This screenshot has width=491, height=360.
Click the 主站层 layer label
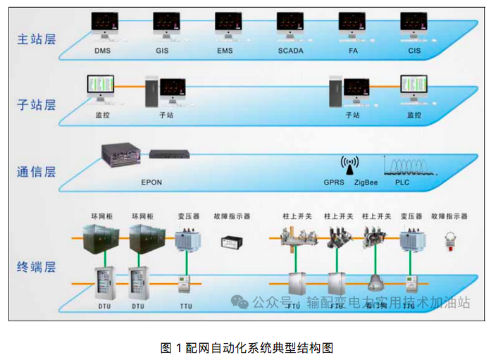pyautogui.click(x=36, y=39)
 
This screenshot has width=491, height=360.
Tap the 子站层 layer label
pyautogui.click(x=36, y=106)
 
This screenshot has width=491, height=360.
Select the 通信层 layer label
pyautogui.click(x=36, y=171)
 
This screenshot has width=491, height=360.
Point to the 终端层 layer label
pyautogui.click(x=36, y=267)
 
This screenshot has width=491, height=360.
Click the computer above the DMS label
pyautogui.click(x=103, y=25)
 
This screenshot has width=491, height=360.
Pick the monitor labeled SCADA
pyautogui.click(x=290, y=25)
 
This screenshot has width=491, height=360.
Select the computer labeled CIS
pyautogui.click(x=414, y=25)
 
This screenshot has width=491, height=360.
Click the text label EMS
pyautogui.click(x=225, y=51)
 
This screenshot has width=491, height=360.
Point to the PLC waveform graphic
pyautogui.click(x=409, y=166)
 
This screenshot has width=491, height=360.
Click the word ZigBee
pyautogui.click(x=367, y=182)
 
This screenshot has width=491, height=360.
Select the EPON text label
pyautogui.click(x=151, y=182)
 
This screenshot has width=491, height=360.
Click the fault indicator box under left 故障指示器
pyautogui.click(x=232, y=242)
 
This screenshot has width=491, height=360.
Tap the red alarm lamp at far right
pyautogui.click(x=448, y=242)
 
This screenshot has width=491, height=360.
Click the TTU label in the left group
pyautogui.click(x=186, y=306)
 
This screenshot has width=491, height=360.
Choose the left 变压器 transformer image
pyautogui.click(x=187, y=240)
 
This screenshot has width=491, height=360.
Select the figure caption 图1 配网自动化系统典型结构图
pyautogui.click(x=246, y=347)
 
